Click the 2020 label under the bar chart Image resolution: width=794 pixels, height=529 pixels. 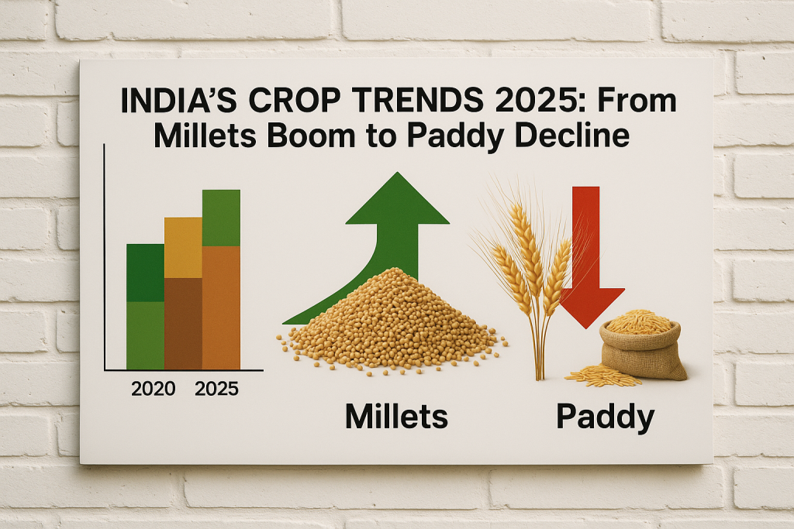(153, 389)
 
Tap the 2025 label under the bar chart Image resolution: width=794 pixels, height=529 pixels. (216, 389)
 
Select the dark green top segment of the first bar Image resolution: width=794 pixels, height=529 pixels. (145, 273)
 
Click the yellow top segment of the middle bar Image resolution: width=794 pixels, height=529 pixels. (183, 248)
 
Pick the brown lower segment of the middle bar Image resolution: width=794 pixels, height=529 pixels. (183, 324)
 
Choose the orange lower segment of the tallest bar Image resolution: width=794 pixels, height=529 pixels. (221, 308)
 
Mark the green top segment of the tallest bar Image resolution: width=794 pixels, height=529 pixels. (221, 218)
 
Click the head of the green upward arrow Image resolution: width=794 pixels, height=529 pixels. (398, 198)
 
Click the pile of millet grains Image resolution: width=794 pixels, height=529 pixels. (392, 323)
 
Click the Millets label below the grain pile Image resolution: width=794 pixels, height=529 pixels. (396, 417)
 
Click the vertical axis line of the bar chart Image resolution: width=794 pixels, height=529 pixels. (104, 257)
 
